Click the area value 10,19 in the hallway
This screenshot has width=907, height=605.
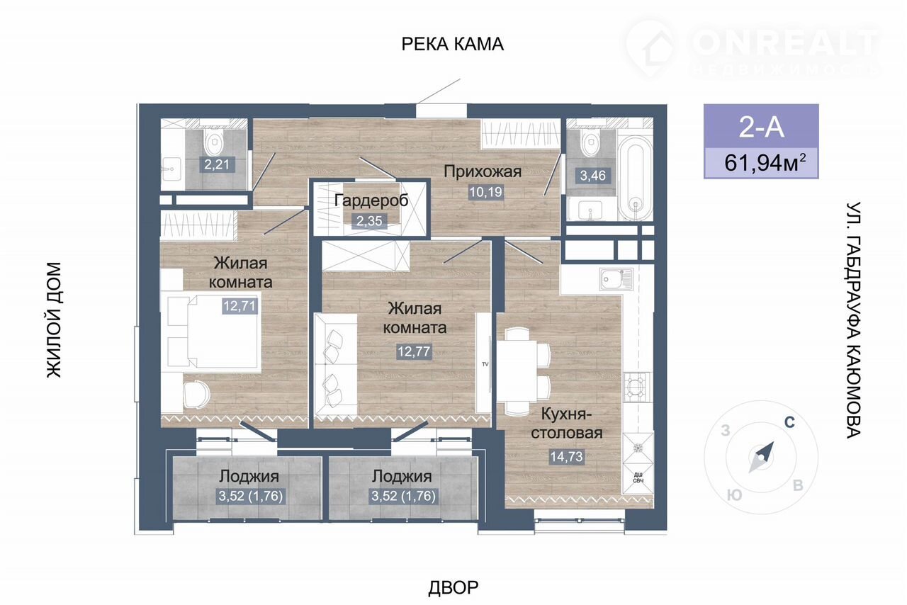click(486, 191)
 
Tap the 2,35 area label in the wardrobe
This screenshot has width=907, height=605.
click(369, 221)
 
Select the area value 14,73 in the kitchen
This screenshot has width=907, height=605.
click(566, 457)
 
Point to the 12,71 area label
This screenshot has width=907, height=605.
click(240, 306)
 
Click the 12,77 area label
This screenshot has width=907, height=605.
click(414, 351)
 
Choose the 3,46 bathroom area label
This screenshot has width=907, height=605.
click(593, 176)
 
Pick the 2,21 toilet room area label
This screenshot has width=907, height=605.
click(217, 165)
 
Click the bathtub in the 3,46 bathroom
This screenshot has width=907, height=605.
click(635, 178)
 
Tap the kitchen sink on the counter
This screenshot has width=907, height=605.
click(616, 279)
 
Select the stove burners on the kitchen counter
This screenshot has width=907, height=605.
click(638, 387)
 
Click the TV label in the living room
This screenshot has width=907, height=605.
click(485, 364)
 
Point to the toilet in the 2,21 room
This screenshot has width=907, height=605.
click(214, 140)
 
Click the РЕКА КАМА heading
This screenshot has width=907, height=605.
click(452, 44)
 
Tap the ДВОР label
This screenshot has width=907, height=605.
click(453, 587)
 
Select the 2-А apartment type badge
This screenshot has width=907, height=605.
click(761, 126)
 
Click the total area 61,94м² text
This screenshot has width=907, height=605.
click(765, 163)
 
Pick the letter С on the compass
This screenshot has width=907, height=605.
click(789, 422)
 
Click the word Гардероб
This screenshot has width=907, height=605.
click(372, 200)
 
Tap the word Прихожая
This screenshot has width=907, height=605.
click(483, 171)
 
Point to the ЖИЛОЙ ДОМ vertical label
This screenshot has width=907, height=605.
click(55, 320)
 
